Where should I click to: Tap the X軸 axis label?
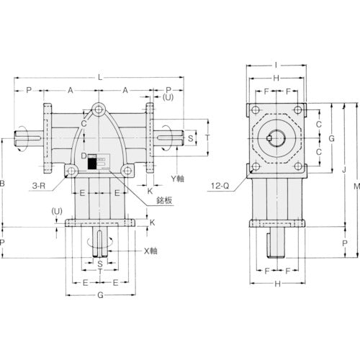click(150, 251)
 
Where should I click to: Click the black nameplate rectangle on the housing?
click(92, 164)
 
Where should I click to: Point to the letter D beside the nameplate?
click(84, 156)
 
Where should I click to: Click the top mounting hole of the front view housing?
click(98, 110)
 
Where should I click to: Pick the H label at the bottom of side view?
click(277, 284)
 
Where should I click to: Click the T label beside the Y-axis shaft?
click(207, 136)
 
